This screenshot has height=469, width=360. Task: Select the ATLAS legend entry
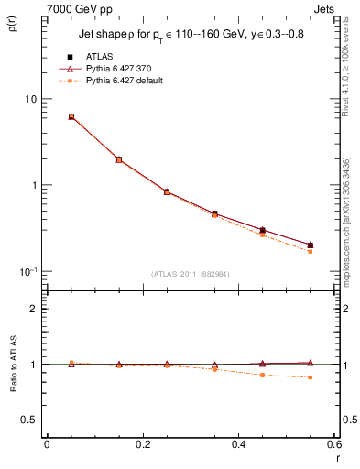click(98, 57)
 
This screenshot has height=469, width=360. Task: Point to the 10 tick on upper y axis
click(30, 99)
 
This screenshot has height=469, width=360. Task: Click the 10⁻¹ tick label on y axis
click(27, 271)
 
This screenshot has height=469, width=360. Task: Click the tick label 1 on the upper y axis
click(33, 185)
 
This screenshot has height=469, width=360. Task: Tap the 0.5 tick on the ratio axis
click(28, 420)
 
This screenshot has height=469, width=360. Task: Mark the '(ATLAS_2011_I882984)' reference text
click(189, 273)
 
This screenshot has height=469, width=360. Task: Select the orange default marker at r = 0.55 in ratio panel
click(310, 377)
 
